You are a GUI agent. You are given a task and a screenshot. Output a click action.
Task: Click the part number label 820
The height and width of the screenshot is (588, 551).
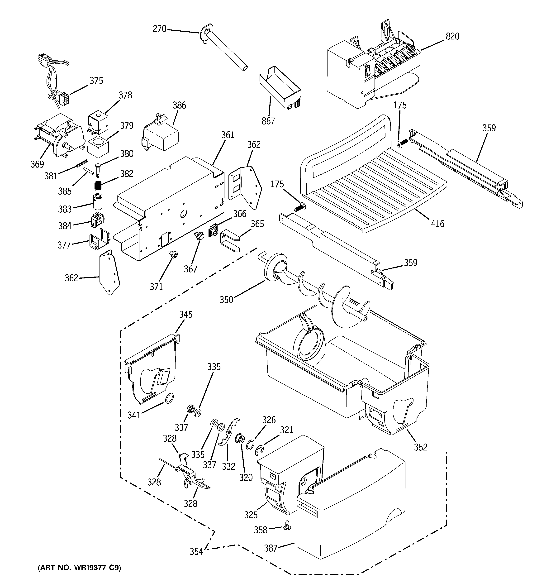[452, 37]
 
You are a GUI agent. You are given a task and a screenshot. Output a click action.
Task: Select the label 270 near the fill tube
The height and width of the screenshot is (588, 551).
[159, 29]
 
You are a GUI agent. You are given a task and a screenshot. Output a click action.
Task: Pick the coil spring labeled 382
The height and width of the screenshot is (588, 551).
[98, 186]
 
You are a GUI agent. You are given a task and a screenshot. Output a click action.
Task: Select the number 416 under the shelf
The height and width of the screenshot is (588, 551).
[437, 224]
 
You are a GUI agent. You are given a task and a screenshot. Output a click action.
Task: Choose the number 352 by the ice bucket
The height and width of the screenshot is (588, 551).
[421, 447]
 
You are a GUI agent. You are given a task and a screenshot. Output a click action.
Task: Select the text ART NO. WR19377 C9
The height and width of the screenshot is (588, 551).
[79, 568]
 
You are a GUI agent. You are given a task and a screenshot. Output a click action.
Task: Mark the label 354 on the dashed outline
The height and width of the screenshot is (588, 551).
[196, 552]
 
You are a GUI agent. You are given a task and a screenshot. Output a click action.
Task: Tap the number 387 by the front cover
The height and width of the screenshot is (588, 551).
[271, 548]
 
